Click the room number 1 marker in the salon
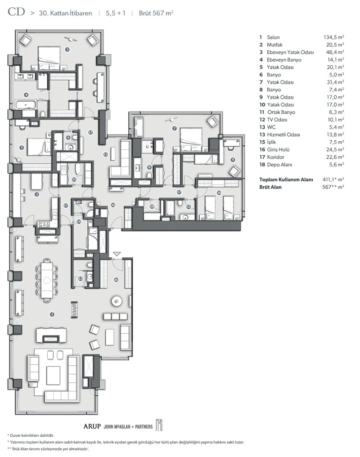click(52, 314)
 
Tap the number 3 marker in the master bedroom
click(67, 49)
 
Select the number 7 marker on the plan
click(174, 128)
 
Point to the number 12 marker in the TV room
click(105, 154)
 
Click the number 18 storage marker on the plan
click(152, 206)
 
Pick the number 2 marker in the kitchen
click(37, 194)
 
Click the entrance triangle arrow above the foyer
click(117, 254)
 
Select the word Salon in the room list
click(273, 37)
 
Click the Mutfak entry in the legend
click(274, 45)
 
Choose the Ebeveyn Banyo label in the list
click(284, 60)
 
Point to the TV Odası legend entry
click(277, 120)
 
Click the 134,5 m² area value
click(334, 37)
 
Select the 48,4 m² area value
click(335, 52)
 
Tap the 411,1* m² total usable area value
click(333, 179)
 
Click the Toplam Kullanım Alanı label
click(286, 179)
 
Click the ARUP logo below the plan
click(92, 426)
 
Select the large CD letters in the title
click(16, 12)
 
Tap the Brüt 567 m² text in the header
click(156, 13)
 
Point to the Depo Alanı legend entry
click(279, 165)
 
